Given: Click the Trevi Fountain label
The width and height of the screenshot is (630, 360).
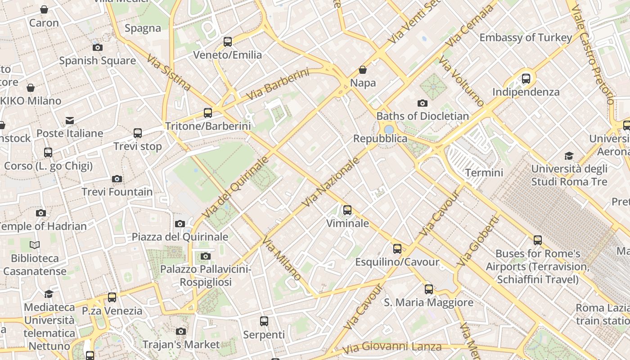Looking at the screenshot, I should point(117,192).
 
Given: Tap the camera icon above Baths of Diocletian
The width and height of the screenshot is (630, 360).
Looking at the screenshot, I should point(422,103).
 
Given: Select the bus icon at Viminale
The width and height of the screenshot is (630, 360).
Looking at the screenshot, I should point(347,210).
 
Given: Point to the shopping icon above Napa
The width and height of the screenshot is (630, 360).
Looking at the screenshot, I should point(363,70).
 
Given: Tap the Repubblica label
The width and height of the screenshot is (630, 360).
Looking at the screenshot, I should point(380,139).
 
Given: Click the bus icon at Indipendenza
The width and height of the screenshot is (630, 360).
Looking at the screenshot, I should point(526,79).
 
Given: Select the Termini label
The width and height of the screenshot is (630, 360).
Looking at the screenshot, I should point(484,172).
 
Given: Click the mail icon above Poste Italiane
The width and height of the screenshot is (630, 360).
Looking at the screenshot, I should point(70,120).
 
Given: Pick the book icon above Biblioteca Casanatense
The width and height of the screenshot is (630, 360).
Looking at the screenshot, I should point(35,245).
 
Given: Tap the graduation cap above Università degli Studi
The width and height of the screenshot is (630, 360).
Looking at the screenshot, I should point(569,156).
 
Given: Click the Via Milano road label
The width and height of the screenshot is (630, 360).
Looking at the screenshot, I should point(282,258).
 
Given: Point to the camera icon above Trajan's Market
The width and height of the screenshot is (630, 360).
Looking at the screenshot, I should point(181,331).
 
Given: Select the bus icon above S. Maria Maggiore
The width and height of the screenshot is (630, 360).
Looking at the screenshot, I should point(428,289).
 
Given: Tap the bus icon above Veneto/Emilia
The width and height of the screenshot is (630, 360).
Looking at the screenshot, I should point(228,42).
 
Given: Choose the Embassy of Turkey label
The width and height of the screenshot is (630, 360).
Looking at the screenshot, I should point(525,37).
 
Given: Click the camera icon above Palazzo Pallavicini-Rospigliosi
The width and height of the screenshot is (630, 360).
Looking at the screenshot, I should point(205,256).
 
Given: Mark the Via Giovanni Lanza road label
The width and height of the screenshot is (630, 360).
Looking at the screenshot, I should point(391,347).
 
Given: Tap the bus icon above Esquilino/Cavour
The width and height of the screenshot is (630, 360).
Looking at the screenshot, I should point(397,248).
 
